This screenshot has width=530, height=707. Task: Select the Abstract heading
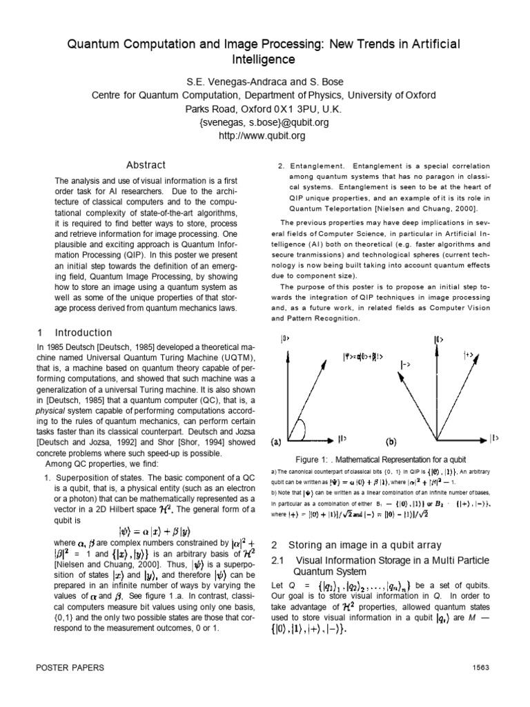tap(146, 165)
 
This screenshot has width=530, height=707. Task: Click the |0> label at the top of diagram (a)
tap(284, 338)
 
